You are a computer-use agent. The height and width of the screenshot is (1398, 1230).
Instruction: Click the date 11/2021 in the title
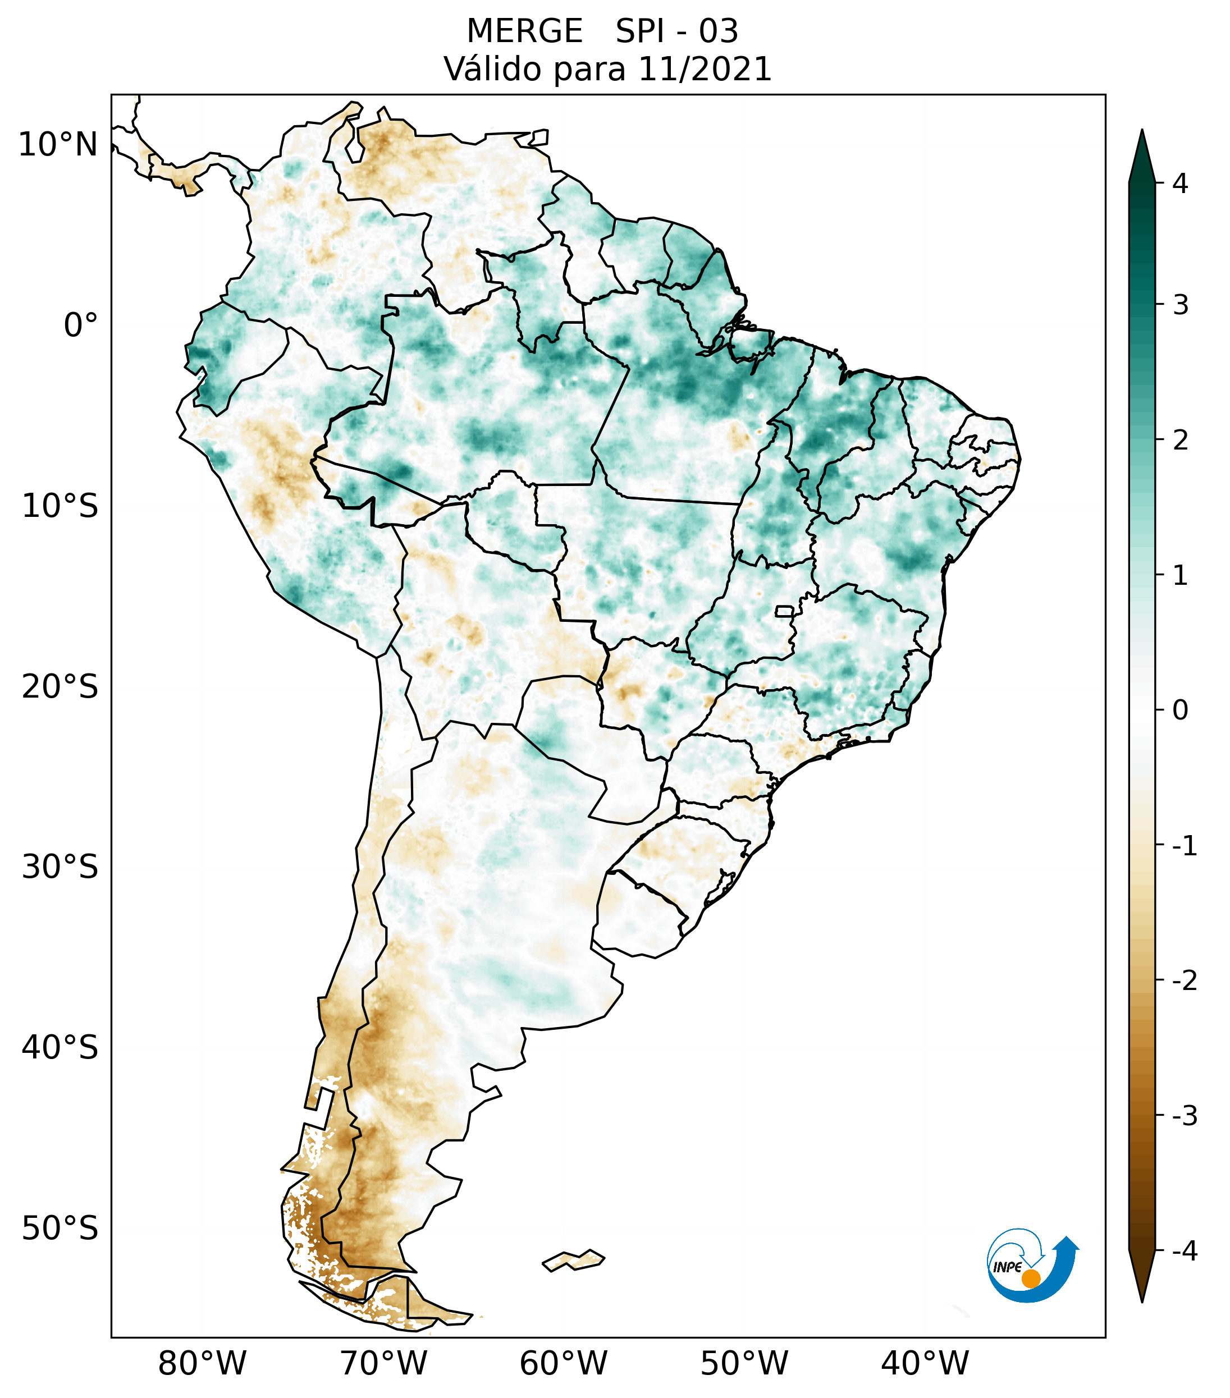click(x=705, y=69)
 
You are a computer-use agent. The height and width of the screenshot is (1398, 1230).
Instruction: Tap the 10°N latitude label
click(x=58, y=144)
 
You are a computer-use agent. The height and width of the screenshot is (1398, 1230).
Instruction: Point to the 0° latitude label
click(x=81, y=325)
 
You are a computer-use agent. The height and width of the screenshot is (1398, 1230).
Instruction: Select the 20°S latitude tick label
click(x=60, y=686)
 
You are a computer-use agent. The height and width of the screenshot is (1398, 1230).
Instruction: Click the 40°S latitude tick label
click(x=60, y=1047)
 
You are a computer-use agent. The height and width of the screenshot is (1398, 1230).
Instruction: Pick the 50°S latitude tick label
click(x=60, y=1228)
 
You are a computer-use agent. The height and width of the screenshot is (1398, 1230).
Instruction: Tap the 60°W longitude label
click(x=563, y=1363)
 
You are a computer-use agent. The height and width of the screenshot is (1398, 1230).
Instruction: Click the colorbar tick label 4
click(x=1180, y=184)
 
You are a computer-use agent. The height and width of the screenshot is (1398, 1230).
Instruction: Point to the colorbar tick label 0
click(x=1180, y=710)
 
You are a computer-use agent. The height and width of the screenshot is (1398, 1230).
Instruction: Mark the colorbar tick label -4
click(x=1184, y=1251)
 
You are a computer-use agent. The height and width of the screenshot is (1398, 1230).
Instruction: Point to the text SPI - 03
click(x=676, y=31)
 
